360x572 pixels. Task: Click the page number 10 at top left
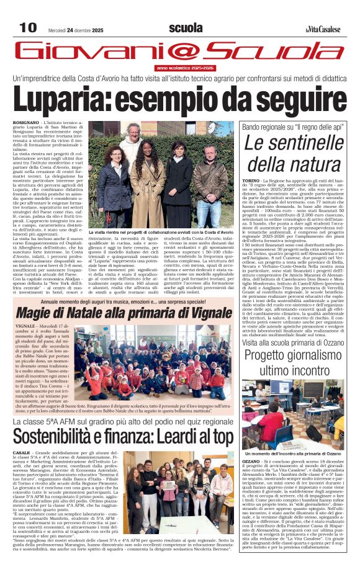coord(28,27)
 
